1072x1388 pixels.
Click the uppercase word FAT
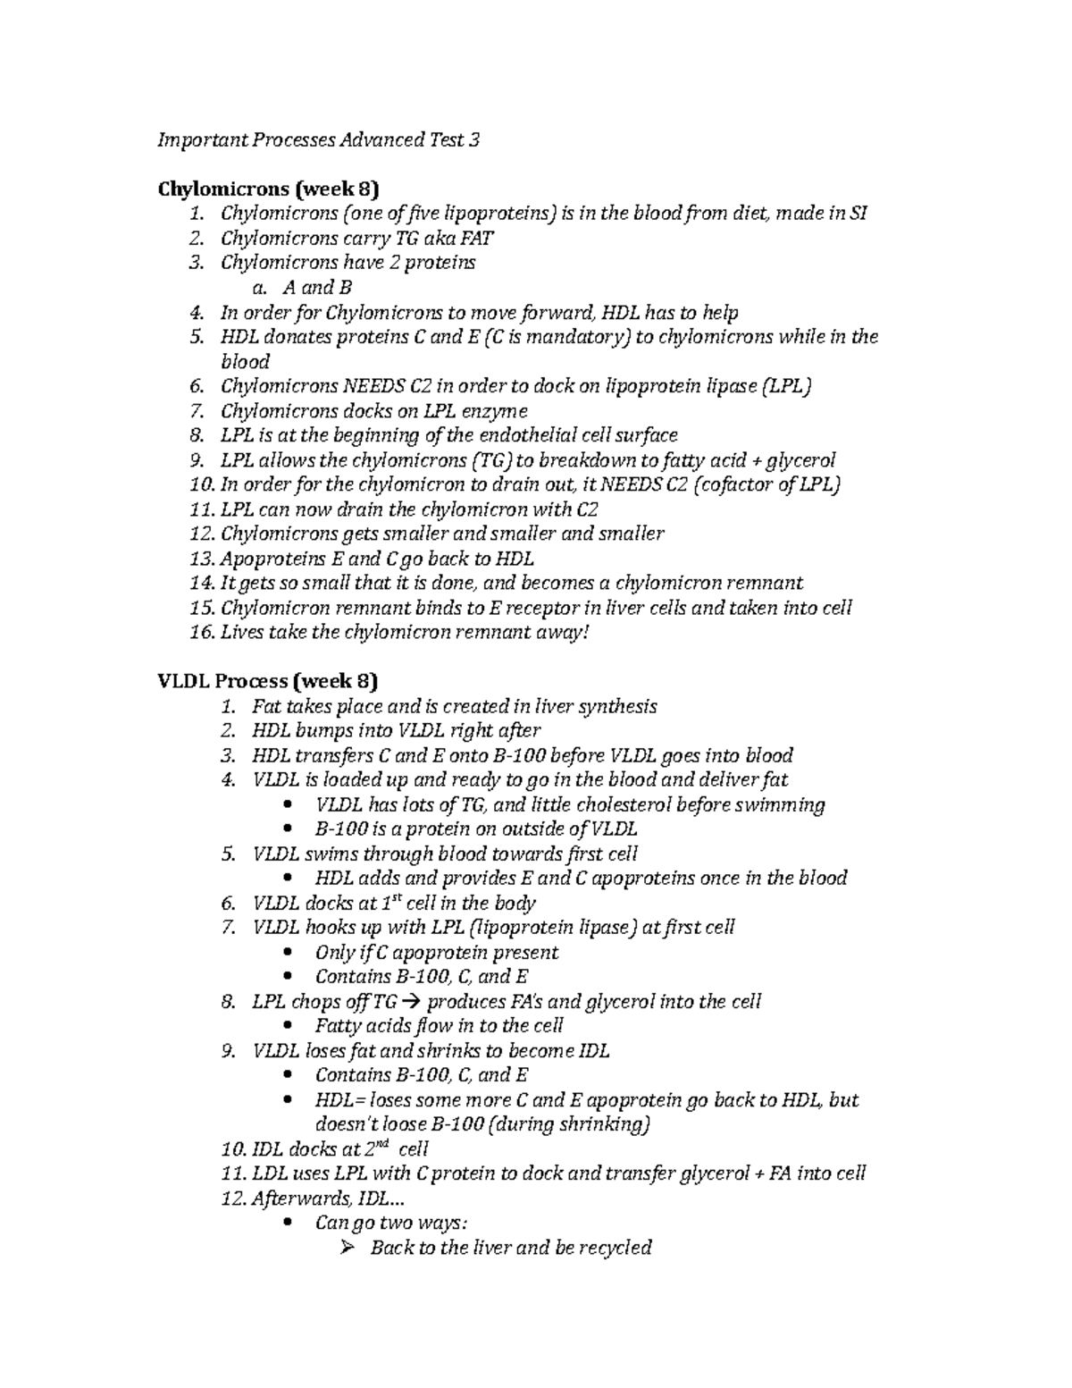click(x=475, y=239)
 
